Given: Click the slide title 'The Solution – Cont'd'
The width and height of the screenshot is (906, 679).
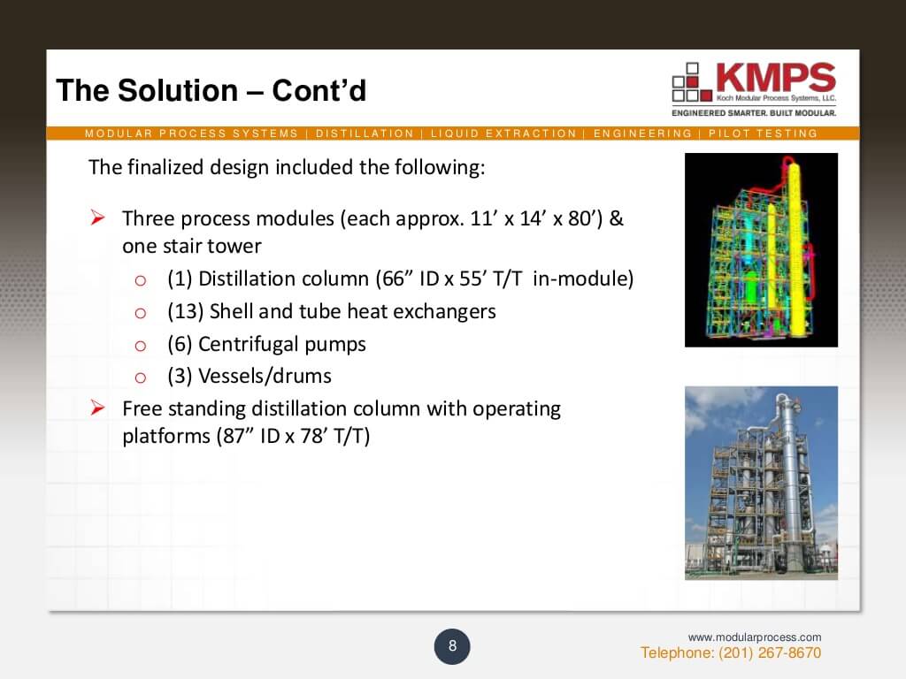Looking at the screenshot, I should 211,90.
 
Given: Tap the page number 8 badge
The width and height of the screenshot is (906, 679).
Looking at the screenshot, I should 452,646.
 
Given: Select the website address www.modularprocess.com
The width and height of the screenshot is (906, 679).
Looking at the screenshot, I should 755,637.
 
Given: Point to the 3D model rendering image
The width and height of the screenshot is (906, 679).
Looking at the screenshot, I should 761,249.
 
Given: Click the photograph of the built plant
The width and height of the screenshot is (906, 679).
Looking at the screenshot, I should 761,483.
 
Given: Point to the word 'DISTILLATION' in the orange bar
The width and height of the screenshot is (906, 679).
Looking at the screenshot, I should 365,134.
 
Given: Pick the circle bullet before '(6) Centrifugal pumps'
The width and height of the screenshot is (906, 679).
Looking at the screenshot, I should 140,345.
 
